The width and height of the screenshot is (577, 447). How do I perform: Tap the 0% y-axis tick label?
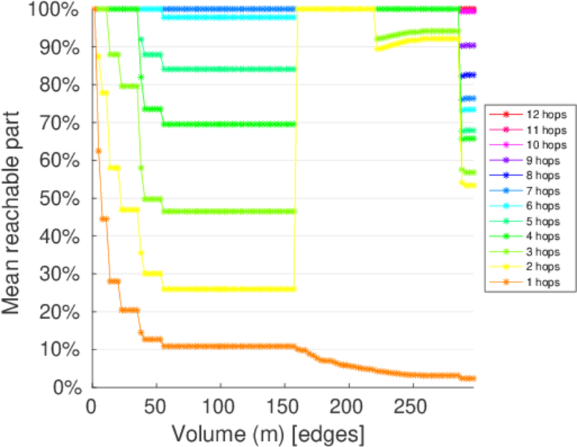pos(68,387)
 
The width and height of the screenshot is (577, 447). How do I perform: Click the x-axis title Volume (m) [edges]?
pos(268,433)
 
